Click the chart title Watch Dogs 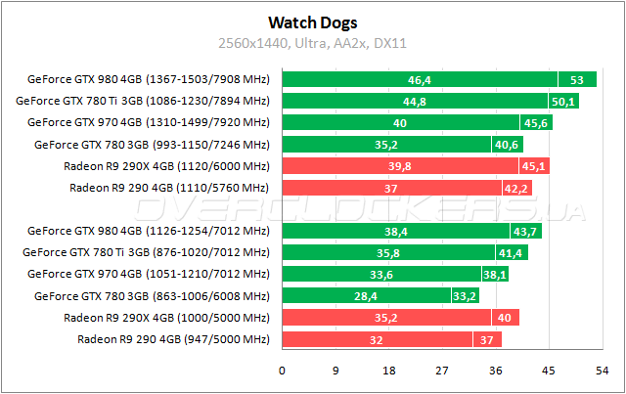point(312,22)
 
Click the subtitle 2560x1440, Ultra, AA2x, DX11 point(312,42)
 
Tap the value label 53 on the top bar point(577,79)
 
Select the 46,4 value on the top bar point(421,79)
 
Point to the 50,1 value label point(564,101)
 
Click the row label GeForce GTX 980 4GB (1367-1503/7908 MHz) point(148,79)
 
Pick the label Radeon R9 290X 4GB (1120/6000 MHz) point(165,165)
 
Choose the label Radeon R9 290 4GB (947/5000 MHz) point(172,339)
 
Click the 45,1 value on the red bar point(536,165)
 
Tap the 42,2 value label point(518,187)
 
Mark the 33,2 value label point(465,296)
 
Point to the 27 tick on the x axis point(442,371)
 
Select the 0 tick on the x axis point(283,371)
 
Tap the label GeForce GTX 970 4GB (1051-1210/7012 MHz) point(148,275)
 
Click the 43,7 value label point(526,232)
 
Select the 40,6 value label point(508,144)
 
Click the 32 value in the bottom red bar point(377,339)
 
